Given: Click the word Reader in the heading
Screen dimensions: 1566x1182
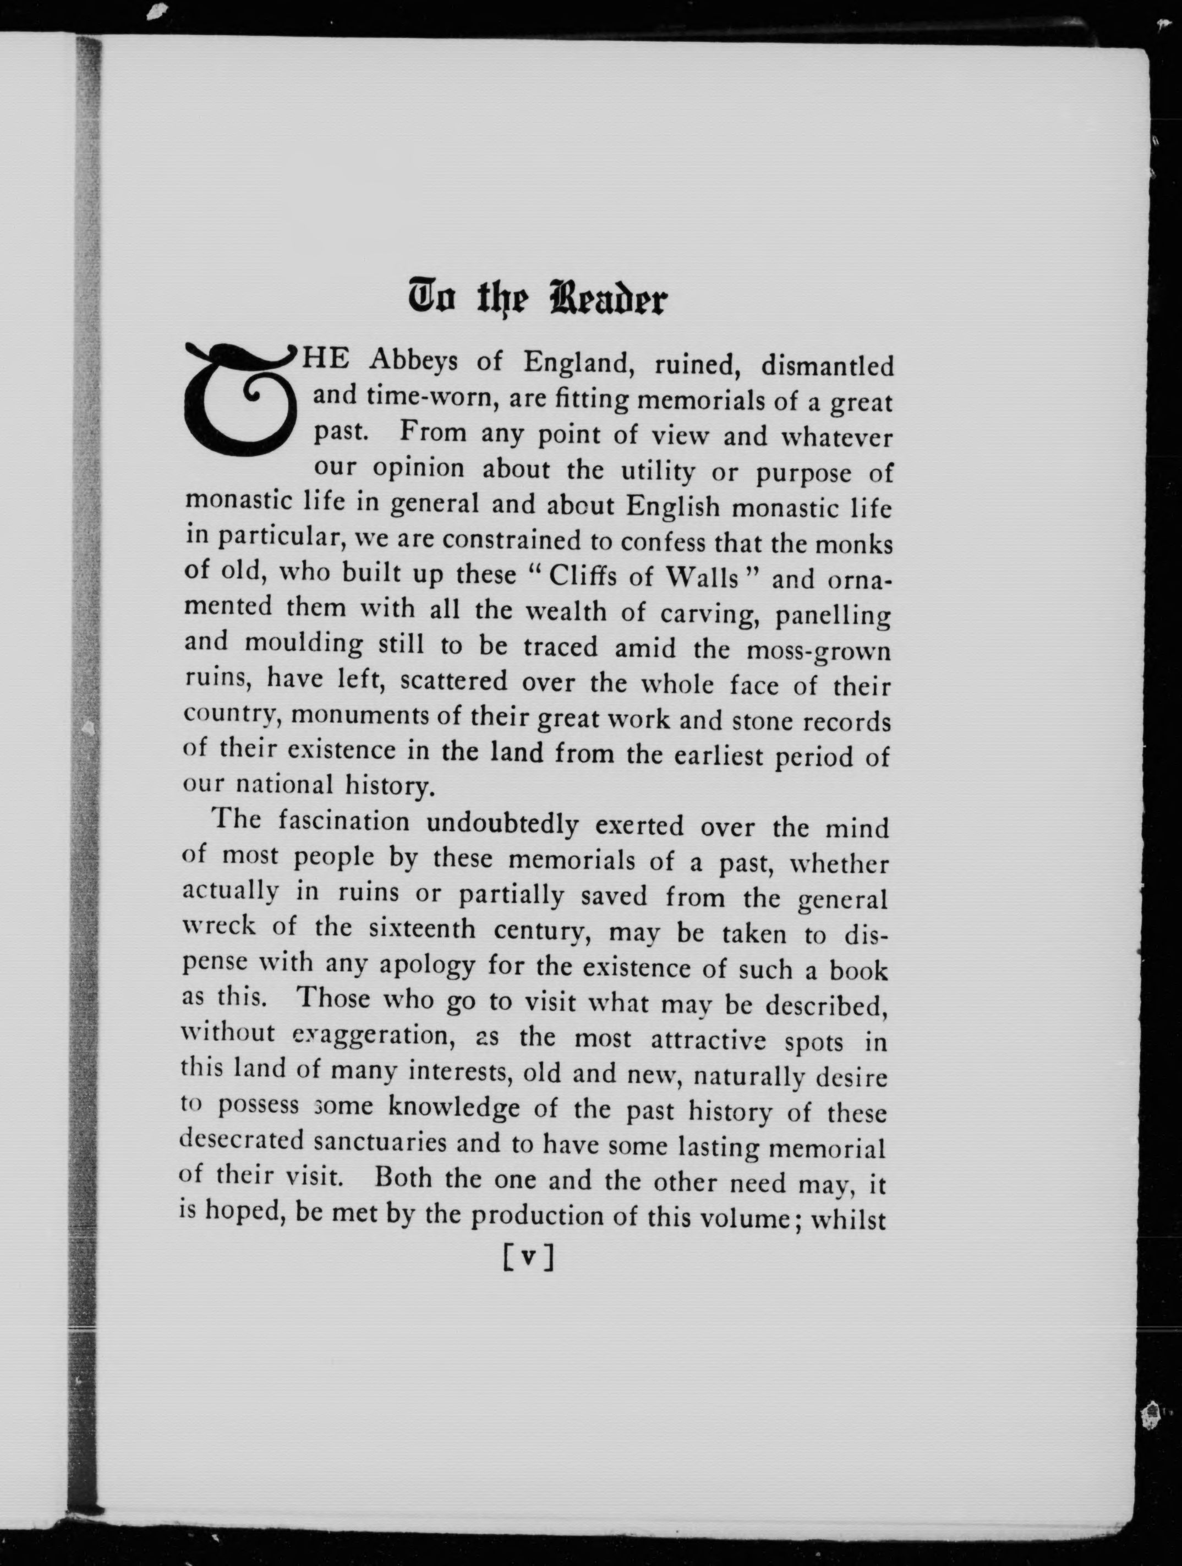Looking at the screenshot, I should click(x=608, y=299).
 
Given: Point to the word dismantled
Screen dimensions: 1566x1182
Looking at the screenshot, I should click(x=827, y=365).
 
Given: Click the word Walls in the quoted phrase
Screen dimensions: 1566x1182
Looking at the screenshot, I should click(x=703, y=578).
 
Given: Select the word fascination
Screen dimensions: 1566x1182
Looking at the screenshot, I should click(x=343, y=821).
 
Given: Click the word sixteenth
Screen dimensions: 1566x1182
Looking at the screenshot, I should click(x=422, y=929).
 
